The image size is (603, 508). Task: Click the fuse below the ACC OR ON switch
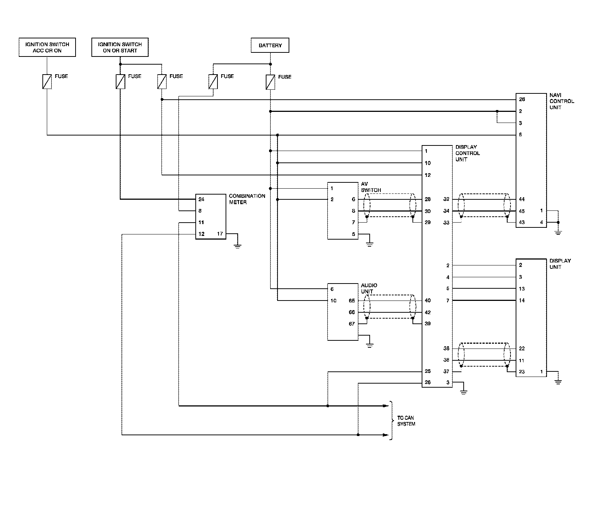47,82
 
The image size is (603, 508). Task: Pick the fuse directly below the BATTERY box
271,82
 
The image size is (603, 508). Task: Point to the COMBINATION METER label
247,199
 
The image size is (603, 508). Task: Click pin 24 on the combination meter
201,199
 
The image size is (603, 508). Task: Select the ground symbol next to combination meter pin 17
238,246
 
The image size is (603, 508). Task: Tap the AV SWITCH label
371,187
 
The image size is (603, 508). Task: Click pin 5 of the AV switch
353,234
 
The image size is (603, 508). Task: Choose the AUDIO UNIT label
369,288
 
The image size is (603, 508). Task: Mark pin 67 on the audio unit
352,324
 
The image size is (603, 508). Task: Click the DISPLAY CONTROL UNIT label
468,153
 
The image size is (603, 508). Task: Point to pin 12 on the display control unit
428,175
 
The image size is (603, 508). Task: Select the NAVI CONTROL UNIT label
562,101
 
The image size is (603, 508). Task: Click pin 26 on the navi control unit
522,99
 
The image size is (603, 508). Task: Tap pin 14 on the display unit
522,301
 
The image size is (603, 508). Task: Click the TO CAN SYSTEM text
406,421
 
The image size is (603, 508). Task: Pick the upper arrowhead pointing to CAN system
386,406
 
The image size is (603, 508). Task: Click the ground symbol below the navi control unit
558,232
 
